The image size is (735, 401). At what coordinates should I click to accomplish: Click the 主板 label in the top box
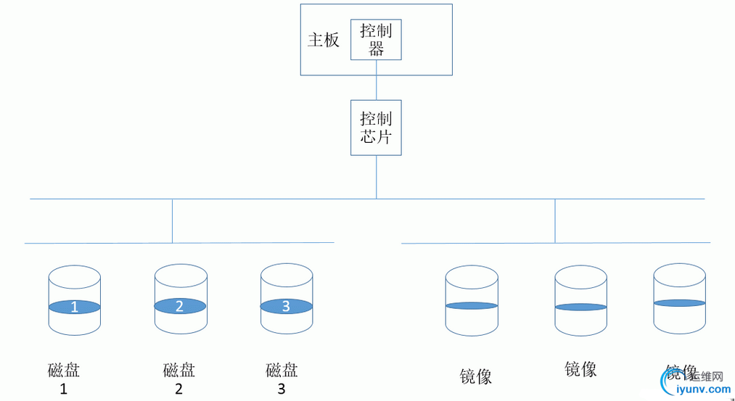(323, 40)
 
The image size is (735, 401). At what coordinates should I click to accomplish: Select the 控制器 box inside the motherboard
(376, 40)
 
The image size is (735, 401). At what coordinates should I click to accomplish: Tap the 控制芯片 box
(376, 127)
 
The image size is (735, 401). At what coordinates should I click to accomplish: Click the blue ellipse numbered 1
(74, 307)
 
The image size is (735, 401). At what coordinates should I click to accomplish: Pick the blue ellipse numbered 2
(180, 306)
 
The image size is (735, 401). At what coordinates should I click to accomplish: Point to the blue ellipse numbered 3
(286, 306)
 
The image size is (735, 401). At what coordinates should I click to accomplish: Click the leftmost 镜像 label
(476, 376)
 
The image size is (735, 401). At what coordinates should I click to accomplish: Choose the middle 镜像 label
(580, 369)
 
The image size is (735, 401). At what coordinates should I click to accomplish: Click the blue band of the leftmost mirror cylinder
(472, 305)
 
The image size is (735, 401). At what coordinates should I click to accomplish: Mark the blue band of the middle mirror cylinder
(580, 307)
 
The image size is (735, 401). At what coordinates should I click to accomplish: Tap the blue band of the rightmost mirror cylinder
(679, 302)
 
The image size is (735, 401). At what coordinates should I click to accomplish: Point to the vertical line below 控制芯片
(376, 176)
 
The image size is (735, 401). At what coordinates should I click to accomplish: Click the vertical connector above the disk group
(172, 220)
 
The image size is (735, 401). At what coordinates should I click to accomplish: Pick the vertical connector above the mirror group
(555, 220)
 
